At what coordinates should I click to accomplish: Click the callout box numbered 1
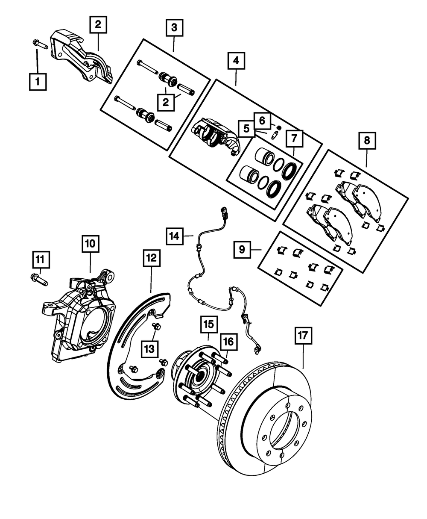coord(38,82)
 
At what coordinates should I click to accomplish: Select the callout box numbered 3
coord(174,28)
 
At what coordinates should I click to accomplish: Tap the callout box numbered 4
coord(236,60)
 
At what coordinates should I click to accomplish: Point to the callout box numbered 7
coord(294,138)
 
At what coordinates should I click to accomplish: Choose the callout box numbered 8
coord(367,141)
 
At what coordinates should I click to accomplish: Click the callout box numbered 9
coord(242,250)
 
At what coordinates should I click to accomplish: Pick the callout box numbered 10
coord(91,244)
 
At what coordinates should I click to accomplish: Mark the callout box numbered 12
coord(152,258)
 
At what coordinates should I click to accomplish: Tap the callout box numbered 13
coord(149,349)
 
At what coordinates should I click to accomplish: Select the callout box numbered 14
coord(175,236)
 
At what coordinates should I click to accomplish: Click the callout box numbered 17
coord(303,336)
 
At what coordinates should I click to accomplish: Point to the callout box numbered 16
coord(228,342)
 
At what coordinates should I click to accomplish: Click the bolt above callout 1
coord(40,44)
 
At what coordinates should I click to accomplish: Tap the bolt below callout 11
coord(39,280)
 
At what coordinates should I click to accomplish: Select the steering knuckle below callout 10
coord(79,316)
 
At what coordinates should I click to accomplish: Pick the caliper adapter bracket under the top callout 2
coord(82,57)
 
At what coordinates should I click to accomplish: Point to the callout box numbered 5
coord(246,129)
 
